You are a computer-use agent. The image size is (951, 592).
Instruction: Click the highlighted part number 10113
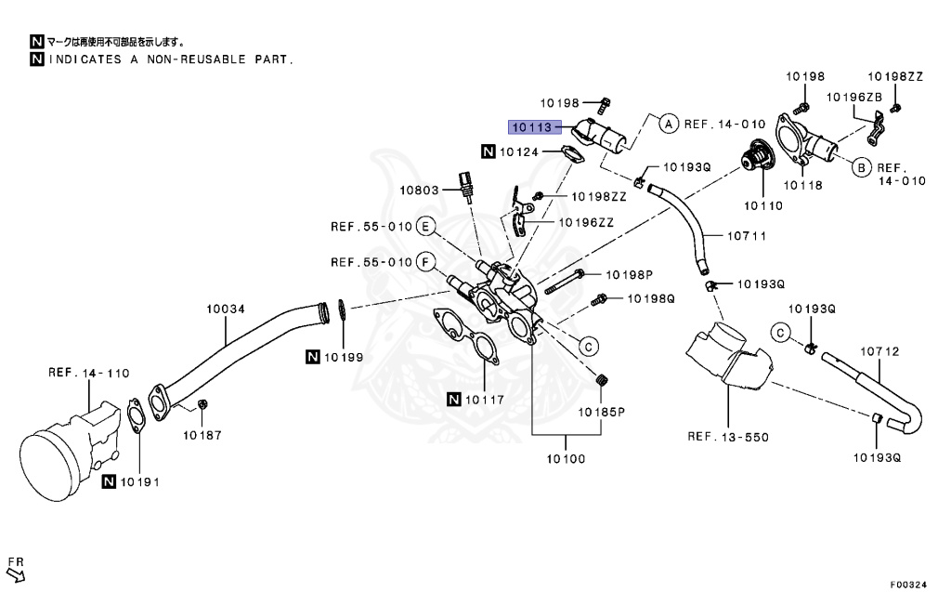click(x=532, y=127)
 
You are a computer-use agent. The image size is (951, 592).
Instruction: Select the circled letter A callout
click(x=667, y=123)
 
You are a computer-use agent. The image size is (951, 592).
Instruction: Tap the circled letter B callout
click(x=860, y=167)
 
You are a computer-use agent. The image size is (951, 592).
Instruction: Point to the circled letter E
click(x=425, y=226)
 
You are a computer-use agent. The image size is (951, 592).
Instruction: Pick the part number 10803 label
click(x=419, y=190)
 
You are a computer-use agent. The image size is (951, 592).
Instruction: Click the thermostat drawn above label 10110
click(x=756, y=163)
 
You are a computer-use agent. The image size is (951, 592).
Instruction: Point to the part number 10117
click(x=484, y=401)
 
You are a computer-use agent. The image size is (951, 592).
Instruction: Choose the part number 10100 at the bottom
click(x=566, y=458)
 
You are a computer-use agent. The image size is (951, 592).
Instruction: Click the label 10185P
click(x=602, y=410)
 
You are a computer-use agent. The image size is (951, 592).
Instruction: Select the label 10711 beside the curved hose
click(x=747, y=236)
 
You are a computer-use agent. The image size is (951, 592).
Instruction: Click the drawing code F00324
click(x=908, y=585)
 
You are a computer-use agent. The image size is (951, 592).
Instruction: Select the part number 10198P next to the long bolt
click(x=631, y=275)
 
